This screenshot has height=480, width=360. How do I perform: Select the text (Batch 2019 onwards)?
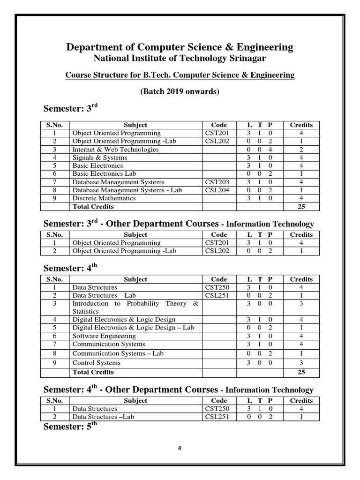click(x=180, y=92)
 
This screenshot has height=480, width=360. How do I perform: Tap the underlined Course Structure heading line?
click(x=180, y=75)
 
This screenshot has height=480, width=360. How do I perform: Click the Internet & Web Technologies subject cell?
click(x=115, y=150)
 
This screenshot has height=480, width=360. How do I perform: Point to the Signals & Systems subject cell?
click(x=99, y=157)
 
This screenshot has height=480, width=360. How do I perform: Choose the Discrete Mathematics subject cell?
click(x=104, y=198)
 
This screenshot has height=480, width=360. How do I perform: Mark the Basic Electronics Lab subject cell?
click(x=104, y=174)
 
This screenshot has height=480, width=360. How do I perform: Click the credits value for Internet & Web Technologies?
click(x=301, y=150)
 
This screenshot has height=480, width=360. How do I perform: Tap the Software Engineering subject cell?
click(x=104, y=336)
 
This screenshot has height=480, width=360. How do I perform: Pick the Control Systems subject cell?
click(x=96, y=363)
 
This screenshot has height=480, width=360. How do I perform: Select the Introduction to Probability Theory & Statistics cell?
click(x=135, y=307)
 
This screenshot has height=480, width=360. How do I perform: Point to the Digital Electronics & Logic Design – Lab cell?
click(x=133, y=328)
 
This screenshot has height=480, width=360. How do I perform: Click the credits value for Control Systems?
click(x=301, y=363)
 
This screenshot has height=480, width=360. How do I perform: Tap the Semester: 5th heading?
click(x=70, y=427)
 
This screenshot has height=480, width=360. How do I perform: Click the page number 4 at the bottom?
click(x=180, y=448)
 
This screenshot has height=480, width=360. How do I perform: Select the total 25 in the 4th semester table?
click(x=301, y=372)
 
